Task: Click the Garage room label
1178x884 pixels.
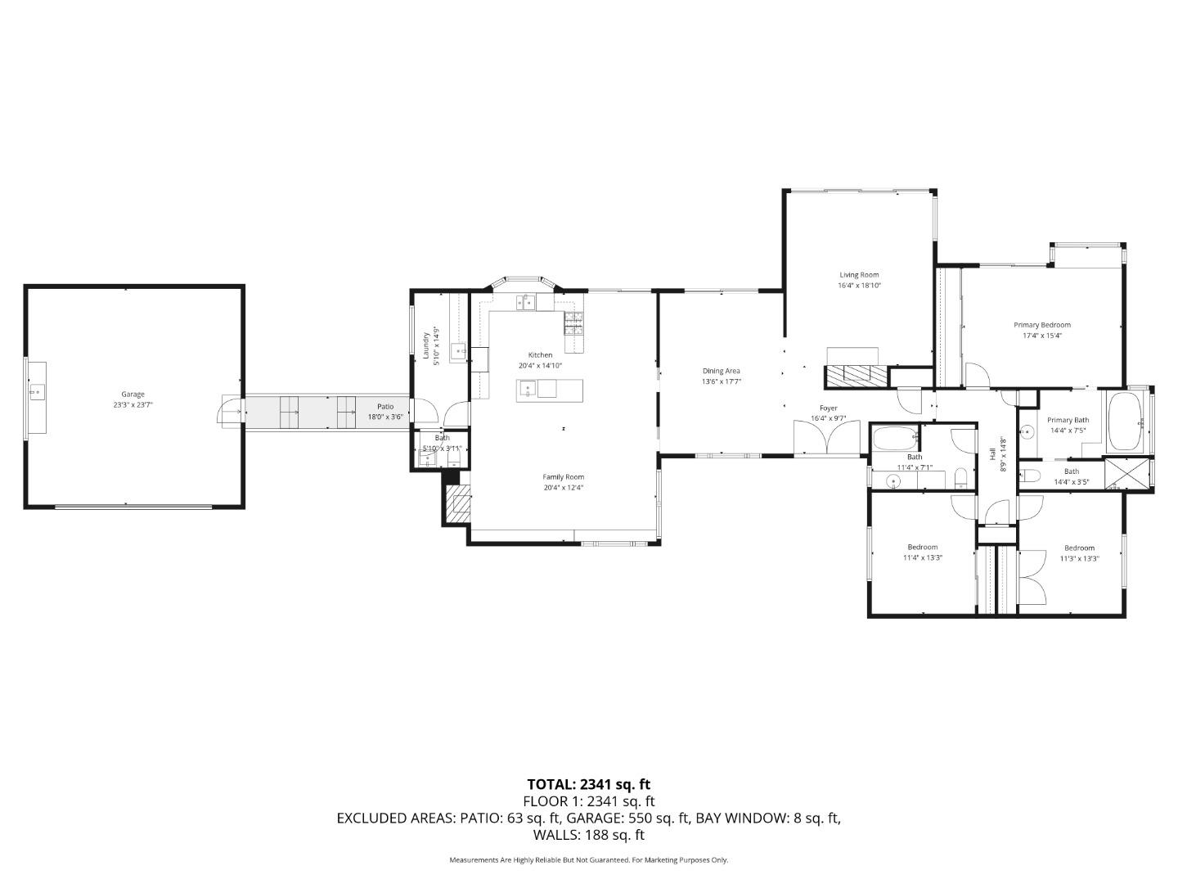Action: pyautogui.click(x=133, y=395)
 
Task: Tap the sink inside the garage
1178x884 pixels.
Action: pyautogui.click(x=37, y=393)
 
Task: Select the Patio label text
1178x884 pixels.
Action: pyautogui.click(x=384, y=407)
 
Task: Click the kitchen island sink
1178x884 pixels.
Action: pyautogui.click(x=528, y=390)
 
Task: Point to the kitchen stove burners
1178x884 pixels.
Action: pyautogui.click(x=573, y=324)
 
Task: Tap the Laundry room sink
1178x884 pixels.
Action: pyautogui.click(x=460, y=352)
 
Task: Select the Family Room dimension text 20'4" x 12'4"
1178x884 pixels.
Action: pyautogui.click(x=563, y=488)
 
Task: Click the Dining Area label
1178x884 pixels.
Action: pyautogui.click(x=721, y=371)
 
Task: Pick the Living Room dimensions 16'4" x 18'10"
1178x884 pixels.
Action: pyautogui.click(x=859, y=286)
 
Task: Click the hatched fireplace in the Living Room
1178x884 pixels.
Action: pyautogui.click(x=856, y=376)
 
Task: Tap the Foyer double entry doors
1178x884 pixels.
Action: pyautogui.click(x=827, y=438)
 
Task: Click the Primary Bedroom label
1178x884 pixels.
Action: pyautogui.click(x=1041, y=325)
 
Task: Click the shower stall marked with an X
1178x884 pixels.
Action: pyautogui.click(x=1127, y=474)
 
